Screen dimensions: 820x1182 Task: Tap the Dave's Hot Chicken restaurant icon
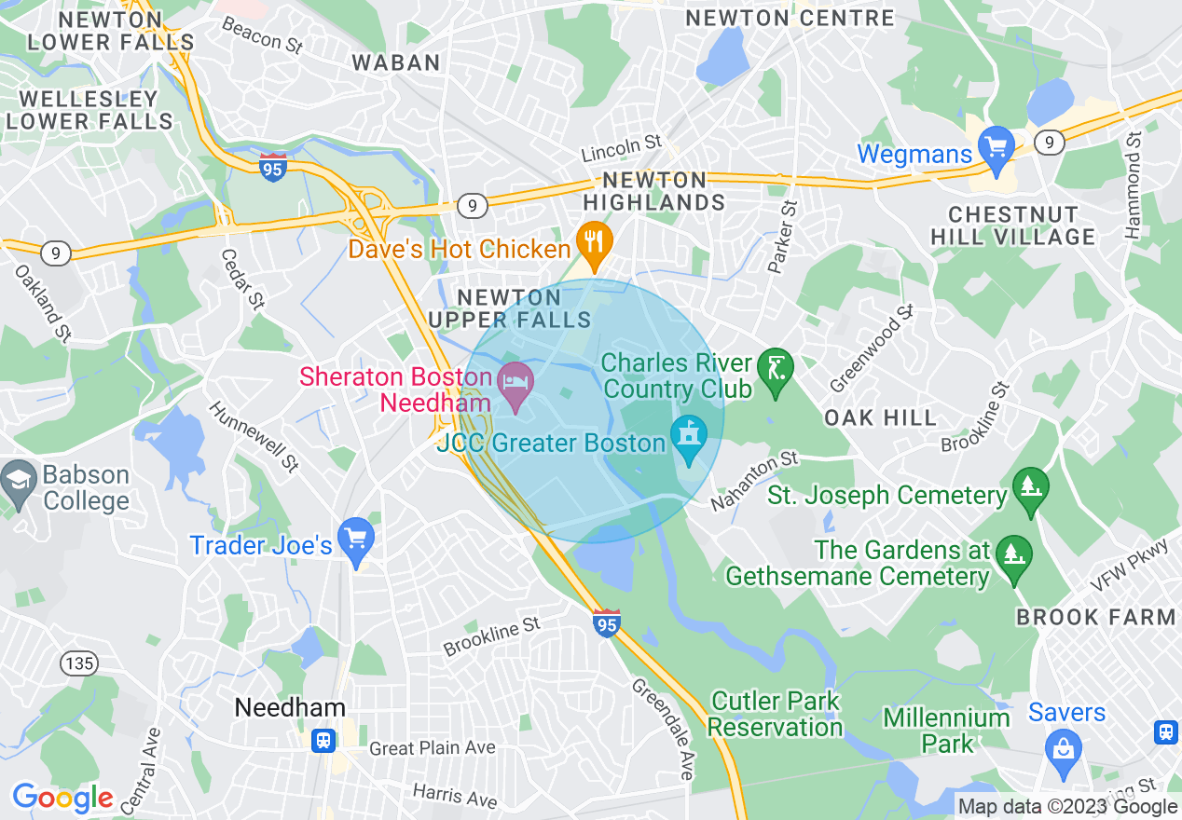(x=593, y=241)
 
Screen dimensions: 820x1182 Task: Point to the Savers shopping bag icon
(x=1062, y=745)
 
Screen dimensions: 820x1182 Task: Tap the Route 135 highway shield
(x=77, y=663)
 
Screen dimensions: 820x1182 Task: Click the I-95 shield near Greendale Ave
(x=606, y=622)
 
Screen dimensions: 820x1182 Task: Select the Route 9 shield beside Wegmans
(x=1050, y=142)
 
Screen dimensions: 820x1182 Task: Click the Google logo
(x=62, y=798)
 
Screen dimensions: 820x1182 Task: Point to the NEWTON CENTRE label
(x=790, y=18)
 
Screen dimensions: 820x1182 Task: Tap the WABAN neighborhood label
(x=396, y=62)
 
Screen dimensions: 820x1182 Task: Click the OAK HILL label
(x=880, y=417)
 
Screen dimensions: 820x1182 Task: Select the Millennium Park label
(x=947, y=731)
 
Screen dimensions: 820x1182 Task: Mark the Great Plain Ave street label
(x=433, y=748)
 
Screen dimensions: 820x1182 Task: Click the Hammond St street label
(x=1134, y=186)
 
